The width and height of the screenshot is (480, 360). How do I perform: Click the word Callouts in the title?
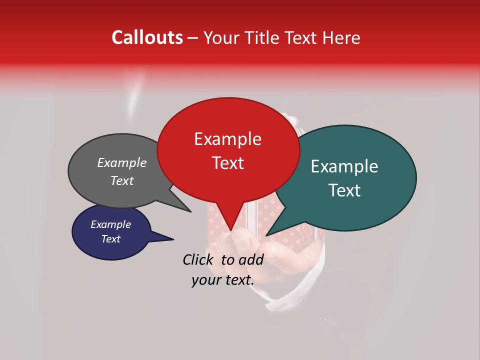147,37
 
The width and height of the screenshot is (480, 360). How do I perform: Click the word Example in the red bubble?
227,139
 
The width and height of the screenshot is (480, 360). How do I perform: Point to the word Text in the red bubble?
227,163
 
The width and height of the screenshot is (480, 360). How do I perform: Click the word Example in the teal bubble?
344,166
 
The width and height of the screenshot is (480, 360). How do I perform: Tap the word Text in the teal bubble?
345,190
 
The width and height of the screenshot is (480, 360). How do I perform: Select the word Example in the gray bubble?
121,162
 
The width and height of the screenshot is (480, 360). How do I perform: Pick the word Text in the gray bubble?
121,180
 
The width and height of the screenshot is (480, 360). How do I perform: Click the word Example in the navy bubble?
110,224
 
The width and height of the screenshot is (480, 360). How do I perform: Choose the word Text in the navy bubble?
110,239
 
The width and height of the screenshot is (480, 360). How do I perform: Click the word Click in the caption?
198,259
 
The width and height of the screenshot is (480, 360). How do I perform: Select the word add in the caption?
251,259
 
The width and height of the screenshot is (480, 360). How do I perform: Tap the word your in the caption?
205,280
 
